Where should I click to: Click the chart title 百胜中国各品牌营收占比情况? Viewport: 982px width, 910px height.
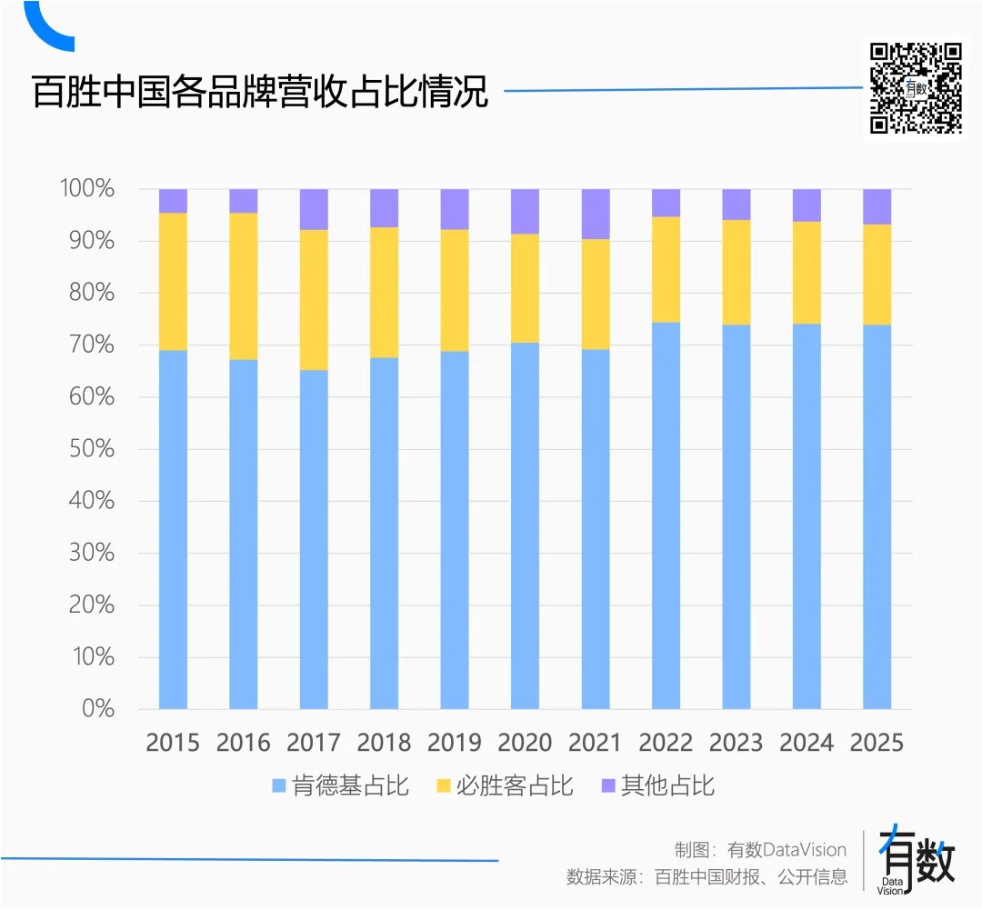click(x=260, y=92)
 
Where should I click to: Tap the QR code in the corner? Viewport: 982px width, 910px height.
click(x=916, y=88)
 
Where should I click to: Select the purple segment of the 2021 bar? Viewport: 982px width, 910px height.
click(x=596, y=214)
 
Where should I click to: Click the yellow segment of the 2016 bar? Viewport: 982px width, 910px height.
click(x=244, y=286)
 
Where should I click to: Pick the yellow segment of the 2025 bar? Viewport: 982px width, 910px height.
click(x=877, y=275)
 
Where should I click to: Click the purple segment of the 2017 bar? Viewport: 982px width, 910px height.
click(x=314, y=209)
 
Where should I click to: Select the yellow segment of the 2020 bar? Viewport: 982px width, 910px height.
click(x=526, y=288)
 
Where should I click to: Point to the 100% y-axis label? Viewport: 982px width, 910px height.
click(x=86, y=189)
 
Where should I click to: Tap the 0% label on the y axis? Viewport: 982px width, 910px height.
click(x=97, y=708)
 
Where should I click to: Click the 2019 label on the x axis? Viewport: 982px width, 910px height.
click(x=455, y=743)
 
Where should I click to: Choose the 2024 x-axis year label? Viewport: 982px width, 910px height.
click(x=807, y=743)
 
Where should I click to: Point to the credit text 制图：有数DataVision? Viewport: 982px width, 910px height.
click(x=760, y=850)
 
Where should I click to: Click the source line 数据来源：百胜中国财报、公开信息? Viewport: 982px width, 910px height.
click(x=706, y=877)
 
